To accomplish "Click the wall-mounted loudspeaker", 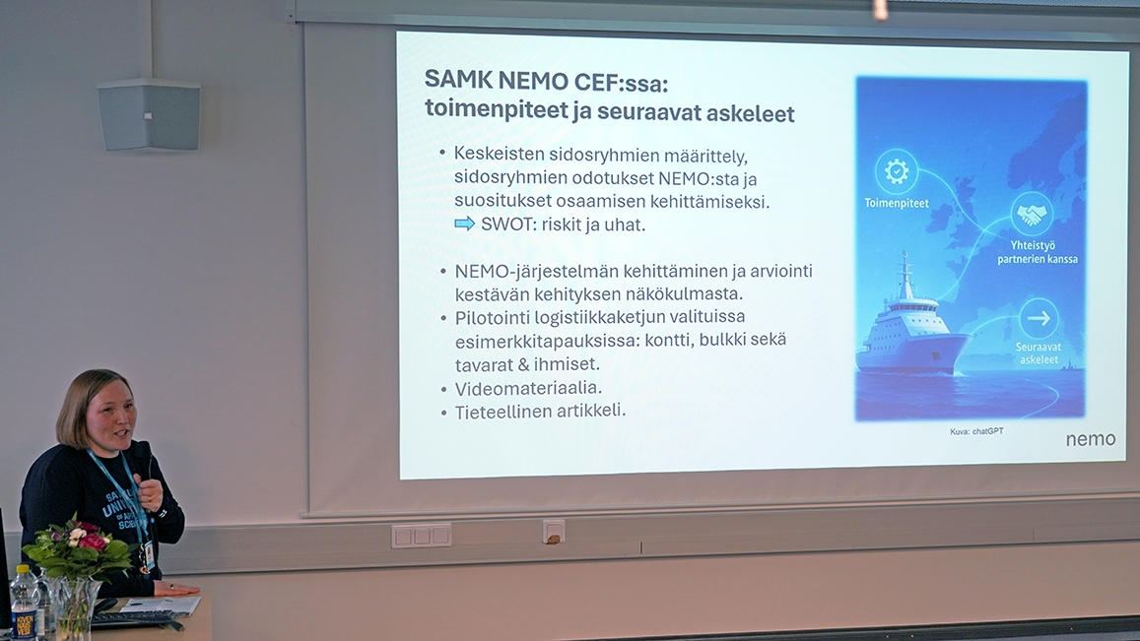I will point(149,114).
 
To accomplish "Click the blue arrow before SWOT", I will point(464,224).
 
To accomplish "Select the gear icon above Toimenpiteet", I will point(896,172).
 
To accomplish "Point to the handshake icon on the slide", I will point(1031,214).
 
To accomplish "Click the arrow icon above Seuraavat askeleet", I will point(1038,318).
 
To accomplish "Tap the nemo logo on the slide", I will point(1090,439).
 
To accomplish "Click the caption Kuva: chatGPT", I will point(976,431).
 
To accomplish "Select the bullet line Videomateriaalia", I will point(528,389).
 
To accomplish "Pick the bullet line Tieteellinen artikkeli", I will point(539,411).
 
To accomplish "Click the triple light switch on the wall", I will point(421,535).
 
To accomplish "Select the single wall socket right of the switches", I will point(554,531).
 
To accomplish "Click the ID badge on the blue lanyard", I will point(146,556).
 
